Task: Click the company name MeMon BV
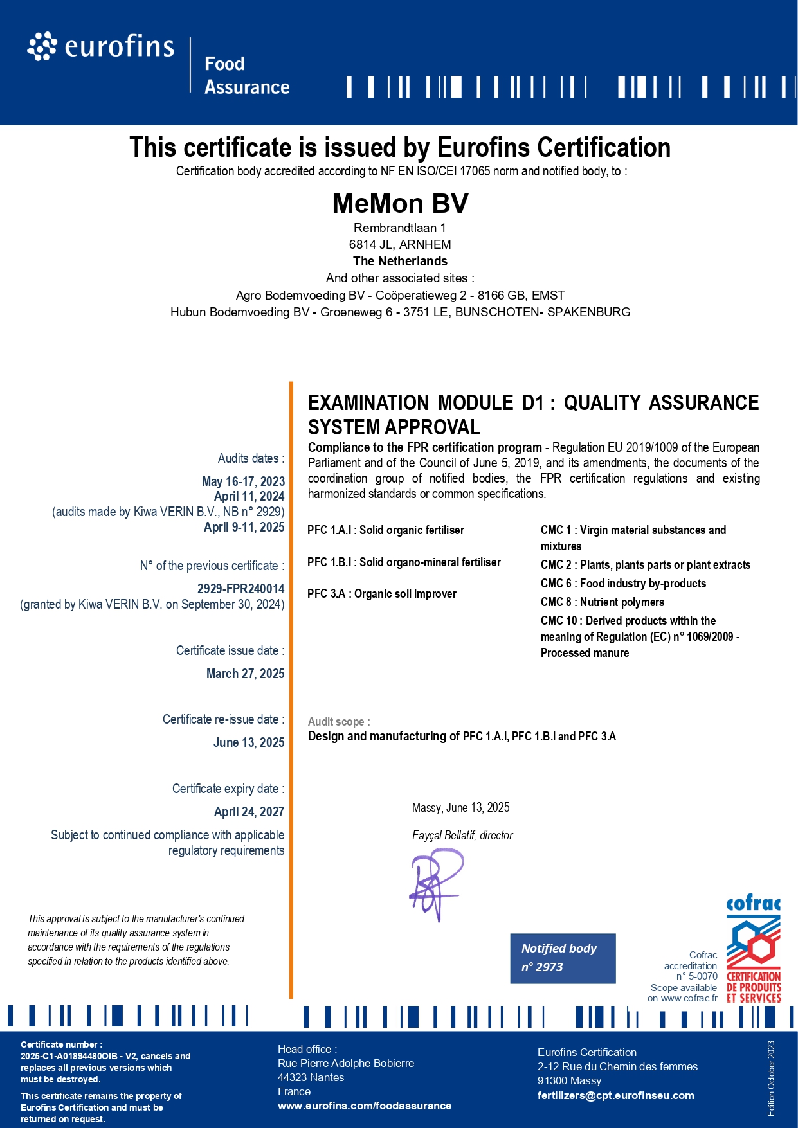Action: coord(400,204)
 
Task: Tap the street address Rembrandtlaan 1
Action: coord(399,228)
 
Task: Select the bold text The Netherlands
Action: coord(400,262)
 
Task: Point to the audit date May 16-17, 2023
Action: coord(243,481)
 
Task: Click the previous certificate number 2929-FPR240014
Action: coord(240,589)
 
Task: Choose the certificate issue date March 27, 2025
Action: coord(245,674)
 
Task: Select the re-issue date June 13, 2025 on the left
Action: coord(249,742)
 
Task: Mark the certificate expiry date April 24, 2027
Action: coord(249,812)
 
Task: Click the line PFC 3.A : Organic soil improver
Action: coord(382,594)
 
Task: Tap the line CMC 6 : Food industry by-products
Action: coord(623,584)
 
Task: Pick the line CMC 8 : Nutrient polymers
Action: coord(603,602)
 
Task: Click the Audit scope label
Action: coord(339,722)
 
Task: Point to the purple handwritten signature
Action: coord(436,884)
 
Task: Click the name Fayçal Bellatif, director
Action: coord(462,836)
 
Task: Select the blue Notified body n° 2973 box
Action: coord(563,958)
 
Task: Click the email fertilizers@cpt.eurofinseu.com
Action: coord(615,1095)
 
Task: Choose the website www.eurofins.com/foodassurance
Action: coord(365,1106)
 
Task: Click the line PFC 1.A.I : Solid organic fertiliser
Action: coord(386,530)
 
